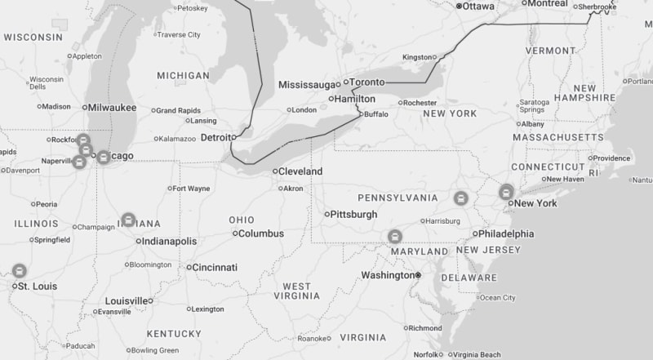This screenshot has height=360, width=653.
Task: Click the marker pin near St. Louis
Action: pyautogui.click(x=19, y=270)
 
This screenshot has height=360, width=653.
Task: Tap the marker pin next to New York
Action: pyautogui.click(x=506, y=191)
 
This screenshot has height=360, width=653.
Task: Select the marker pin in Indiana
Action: pyautogui.click(x=128, y=220)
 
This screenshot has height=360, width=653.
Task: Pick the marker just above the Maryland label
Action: pyautogui.click(x=395, y=237)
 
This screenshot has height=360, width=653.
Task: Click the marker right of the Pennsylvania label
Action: pyautogui.click(x=460, y=198)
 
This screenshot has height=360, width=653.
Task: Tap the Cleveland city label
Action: pyautogui.click(x=300, y=171)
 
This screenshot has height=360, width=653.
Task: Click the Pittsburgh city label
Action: pyautogui.click(x=353, y=215)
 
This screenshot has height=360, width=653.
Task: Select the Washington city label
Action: pyautogui.click(x=389, y=275)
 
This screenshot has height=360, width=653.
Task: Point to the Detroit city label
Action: pyautogui.click(x=217, y=137)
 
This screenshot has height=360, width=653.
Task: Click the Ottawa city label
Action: pyautogui.click(x=478, y=6)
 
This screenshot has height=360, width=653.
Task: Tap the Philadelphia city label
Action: pyautogui.click(x=506, y=233)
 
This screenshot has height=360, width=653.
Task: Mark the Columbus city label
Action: pyautogui.click(x=260, y=233)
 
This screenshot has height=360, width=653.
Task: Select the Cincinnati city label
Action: pyautogui.click(x=215, y=267)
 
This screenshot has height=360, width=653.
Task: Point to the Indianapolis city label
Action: pyautogui.click(x=169, y=242)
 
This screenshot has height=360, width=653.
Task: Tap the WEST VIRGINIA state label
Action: pyautogui.click(x=296, y=292)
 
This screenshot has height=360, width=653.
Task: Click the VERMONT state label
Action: pyautogui.click(x=550, y=51)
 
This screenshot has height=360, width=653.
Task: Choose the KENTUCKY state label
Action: pyautogui.click(x=174, y=334)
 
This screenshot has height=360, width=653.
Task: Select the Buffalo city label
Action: pyautogui.click(x=376, y=114)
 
